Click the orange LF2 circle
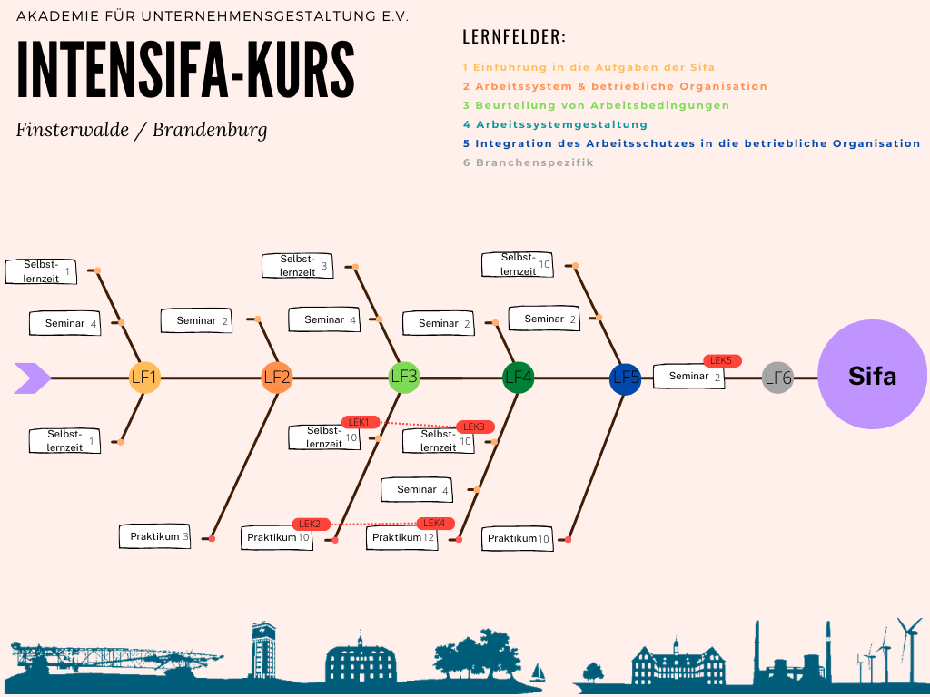tap(277, 378)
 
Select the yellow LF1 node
tap(144, 378)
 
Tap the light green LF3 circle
tap(404, 377)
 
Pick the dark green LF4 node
tap(519, 377)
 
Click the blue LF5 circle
tap(626, 378)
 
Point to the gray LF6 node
tap(778, 378)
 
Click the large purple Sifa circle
tap(872, 376)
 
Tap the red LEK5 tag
tap(722, 360)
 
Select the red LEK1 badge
tap(361, 422)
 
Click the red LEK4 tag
tap(435, 523)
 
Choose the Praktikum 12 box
tap(403, 538)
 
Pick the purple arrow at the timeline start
tap(33, 378)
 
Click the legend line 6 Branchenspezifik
tap(528, 162)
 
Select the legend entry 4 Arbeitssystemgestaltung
tap(555, 124)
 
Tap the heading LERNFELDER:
tap(514, 37)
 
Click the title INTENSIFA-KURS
tap(186, 70)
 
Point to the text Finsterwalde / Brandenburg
tap(142, 130)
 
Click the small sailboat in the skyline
tap(538, 672)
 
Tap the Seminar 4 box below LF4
tap(422, 490)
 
